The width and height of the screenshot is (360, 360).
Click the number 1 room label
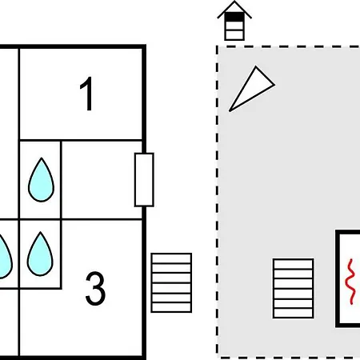pyautogui.click(x=87, y=94)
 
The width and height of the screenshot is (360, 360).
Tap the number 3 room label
pyautogui.click(x=95, y=288)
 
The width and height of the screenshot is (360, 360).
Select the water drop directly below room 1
pyautogui.click(x=41, y=180)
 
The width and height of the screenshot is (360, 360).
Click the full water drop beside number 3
pyautogui.click(x=40, y=254)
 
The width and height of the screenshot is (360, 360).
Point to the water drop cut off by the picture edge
pyautogui.click(x=5, y=256)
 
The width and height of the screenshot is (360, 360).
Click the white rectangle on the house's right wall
pyautogui.click(x=144, y=180)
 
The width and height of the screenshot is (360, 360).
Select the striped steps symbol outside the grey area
pyautogui.click(x=171, y=282)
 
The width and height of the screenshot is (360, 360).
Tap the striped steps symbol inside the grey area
pyautogui.click(x=294, y=288)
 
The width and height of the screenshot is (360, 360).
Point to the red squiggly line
pyautogui.click(x=350, y=282)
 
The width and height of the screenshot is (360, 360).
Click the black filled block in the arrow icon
pyautogui.click(x=234, y=17)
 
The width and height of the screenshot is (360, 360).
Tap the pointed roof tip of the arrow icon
pyautogui.click(x=234, y=2)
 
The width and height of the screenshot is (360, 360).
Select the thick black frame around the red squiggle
pyautogui.click(x=338, y=278)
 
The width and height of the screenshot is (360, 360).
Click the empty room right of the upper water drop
pyautogui.click(x=102, y=180)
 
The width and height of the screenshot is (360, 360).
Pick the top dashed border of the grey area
pyautogui.click(x=288, y=46)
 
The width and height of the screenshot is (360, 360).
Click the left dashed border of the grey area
pyautogui.click(x=218, y=202)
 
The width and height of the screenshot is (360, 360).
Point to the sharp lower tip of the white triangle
pyautogui.click(x=230, y=110)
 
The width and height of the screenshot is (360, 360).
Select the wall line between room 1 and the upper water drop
pyautogui.click(x=81, y=140)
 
